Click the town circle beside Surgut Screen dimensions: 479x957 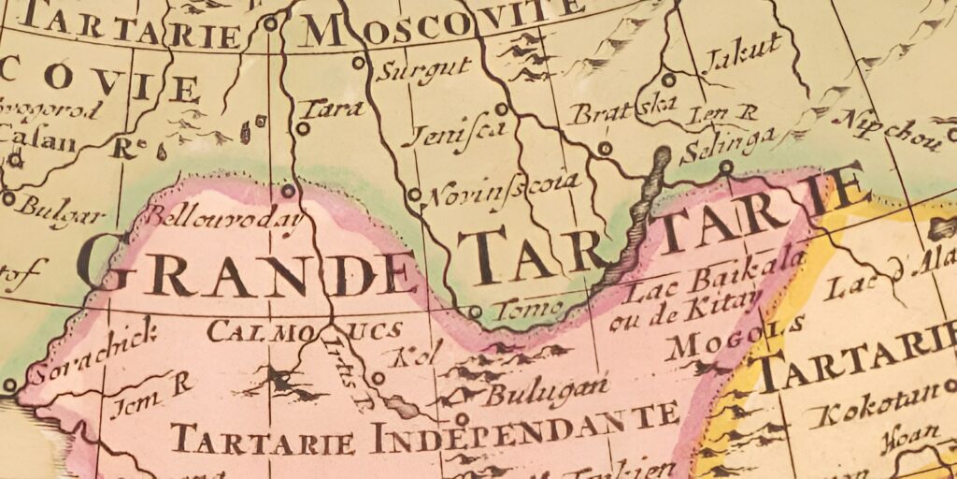click(x=358, y=63)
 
